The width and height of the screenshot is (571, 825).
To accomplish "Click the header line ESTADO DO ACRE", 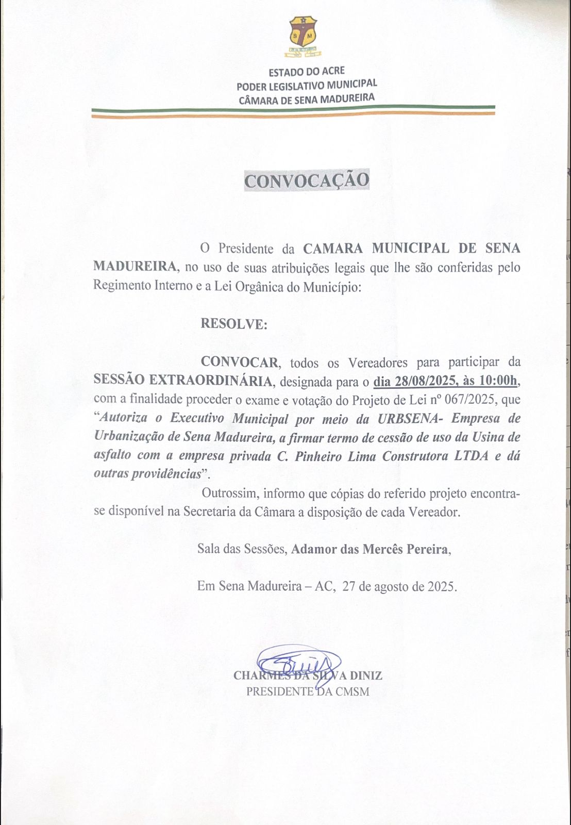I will click(x=307, y=71).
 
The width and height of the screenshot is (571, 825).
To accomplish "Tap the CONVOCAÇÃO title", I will click(x=307, y=180).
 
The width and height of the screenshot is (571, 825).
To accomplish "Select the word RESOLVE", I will click(x=234, y=324).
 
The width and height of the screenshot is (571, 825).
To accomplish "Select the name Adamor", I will click(x=314, y=549).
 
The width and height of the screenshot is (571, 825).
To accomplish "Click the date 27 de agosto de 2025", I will click(x=399, y=586).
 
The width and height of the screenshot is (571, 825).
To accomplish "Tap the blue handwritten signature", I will click(x=299, y=662).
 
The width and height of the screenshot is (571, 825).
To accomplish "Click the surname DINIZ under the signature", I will click(x=366, y=675).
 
